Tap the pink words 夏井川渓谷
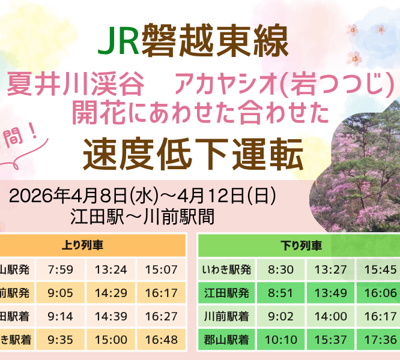coord(76,85)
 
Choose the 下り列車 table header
coord(301,245)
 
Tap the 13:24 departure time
coord(111,269)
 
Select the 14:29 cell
coord(111,293)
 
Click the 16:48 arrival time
coord(161,340)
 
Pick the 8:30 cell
coord(280,269)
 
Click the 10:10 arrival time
coord(280,340)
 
